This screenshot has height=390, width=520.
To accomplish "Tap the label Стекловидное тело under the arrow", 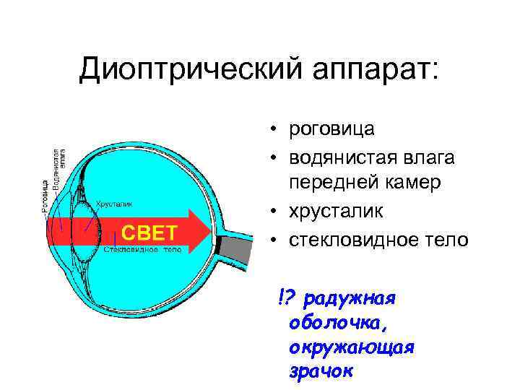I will click(142, 249).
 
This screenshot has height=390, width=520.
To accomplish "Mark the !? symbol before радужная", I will click(287, 296).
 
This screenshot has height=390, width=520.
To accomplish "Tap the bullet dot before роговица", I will click(275, 131).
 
